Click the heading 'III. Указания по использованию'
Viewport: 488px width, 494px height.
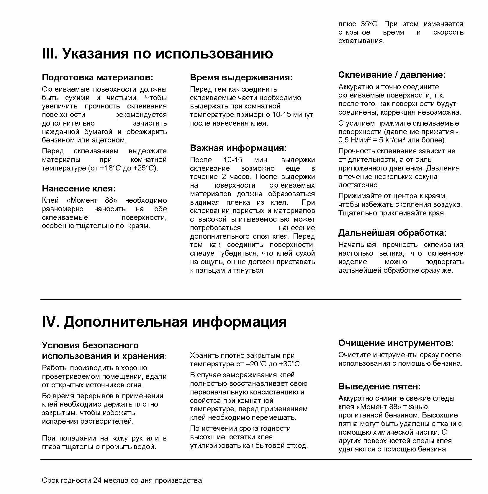[157, 54]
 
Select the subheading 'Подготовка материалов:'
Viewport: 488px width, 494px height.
[98, 78]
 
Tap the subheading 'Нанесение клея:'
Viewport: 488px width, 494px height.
[79, 188]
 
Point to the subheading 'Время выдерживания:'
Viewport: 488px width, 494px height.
[241, 78]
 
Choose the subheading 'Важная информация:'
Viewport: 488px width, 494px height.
[238, 148]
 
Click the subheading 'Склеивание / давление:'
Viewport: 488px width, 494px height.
[392, 75]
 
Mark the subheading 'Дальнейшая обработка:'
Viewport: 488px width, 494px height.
[392, 233]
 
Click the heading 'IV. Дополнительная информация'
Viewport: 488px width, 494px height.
[164, 322]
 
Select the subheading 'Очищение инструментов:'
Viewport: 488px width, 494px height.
[396, 343]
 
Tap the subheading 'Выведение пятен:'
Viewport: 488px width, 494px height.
[379, 386]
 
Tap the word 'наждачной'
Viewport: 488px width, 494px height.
[59, 132]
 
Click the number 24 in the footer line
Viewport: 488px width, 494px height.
[97, 481]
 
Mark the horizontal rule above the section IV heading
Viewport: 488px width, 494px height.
[251, 300]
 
